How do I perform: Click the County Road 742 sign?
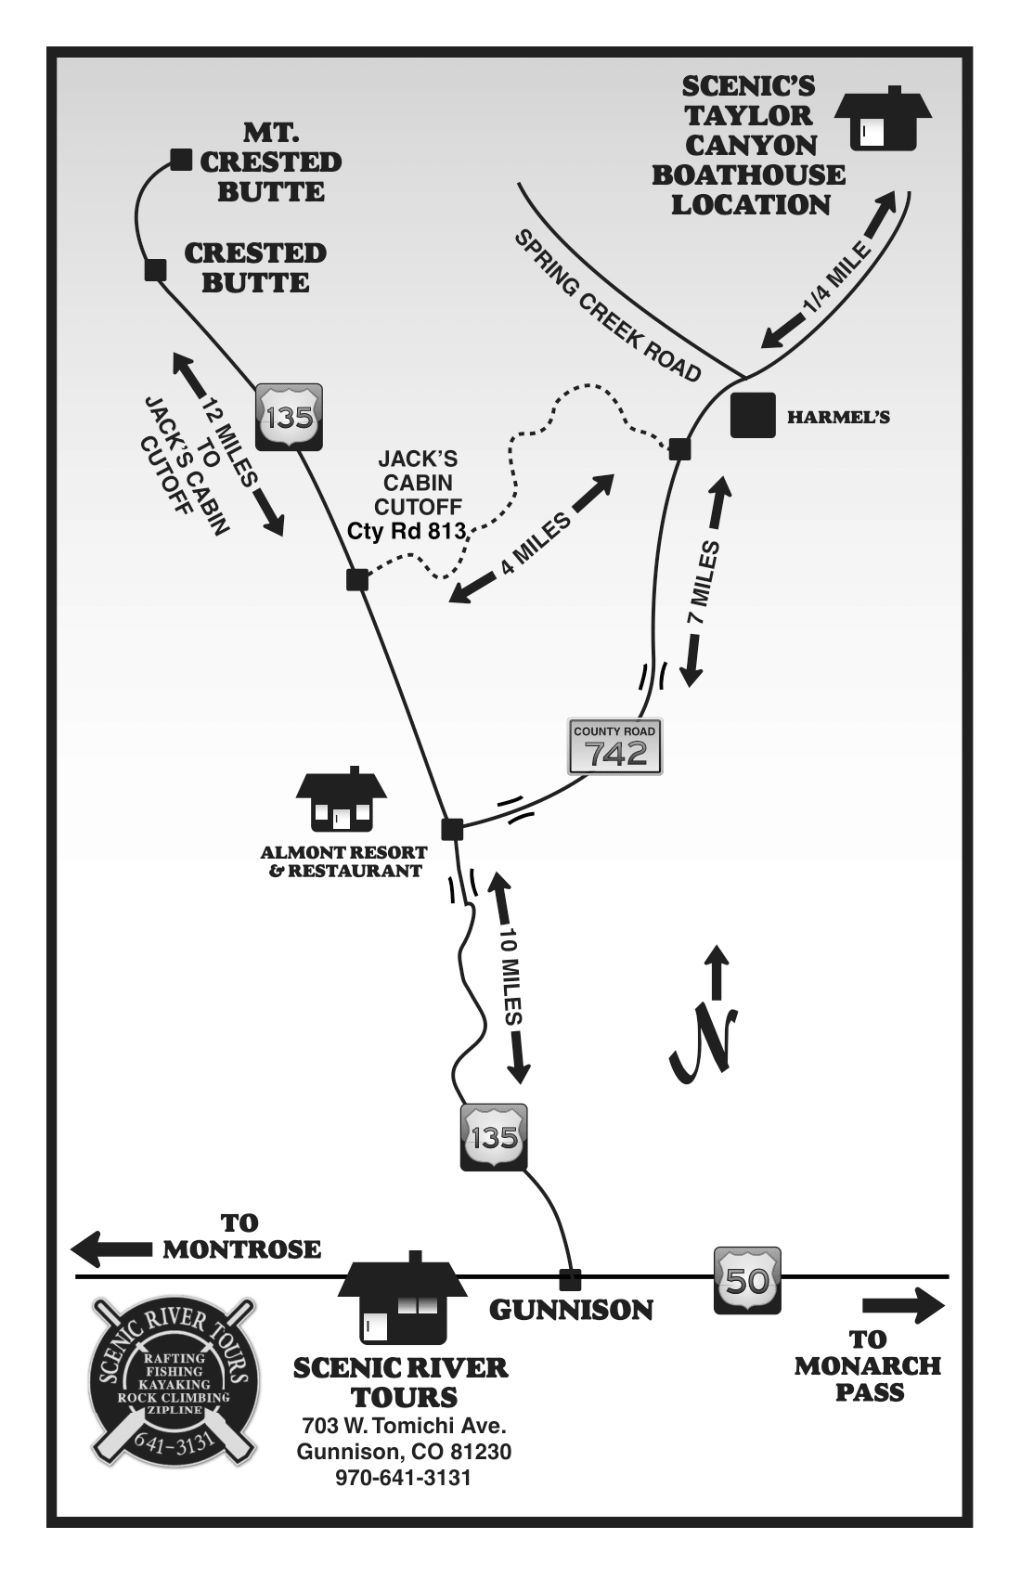614,745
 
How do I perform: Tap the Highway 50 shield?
746,1280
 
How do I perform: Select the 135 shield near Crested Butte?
289,417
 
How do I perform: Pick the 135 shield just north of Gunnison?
494,1136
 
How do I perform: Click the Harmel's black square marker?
752,415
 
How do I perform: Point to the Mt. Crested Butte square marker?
181,160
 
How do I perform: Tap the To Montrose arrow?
111,1249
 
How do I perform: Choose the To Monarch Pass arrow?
902,1306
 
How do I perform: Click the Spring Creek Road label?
607,305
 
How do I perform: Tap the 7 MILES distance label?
704,583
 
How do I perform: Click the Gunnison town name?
571,1310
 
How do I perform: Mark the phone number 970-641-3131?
403,1478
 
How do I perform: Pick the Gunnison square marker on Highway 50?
570,1279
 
